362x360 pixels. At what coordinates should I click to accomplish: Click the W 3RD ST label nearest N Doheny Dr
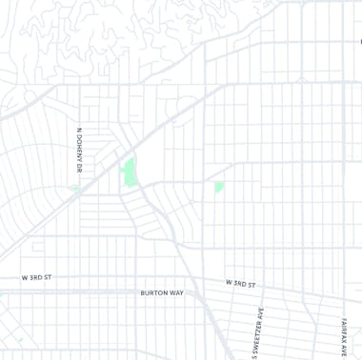(x=37, y=277)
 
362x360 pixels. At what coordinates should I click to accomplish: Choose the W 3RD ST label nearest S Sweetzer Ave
(x=242, y=284)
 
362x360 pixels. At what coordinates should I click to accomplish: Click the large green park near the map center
(x=128, y=173)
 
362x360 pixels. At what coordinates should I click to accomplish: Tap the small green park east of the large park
(x=219, y=187)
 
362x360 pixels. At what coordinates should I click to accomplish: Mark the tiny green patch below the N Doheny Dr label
(x=75, y=189)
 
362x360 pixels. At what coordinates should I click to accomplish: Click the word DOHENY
(x=80, y=148)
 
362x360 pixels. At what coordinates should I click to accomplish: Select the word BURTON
(x=154, y=293)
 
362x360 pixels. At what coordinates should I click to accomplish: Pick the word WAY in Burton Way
(x=175, y=293)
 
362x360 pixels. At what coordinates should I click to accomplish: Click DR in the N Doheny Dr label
(x=80, y=167)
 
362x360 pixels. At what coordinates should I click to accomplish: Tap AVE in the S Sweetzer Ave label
(x=257, y=310)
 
